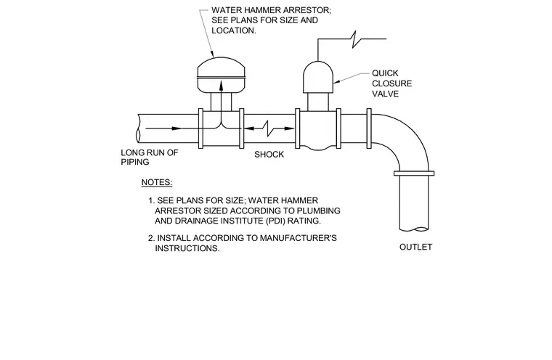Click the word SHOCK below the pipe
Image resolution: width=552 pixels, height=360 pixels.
pyautogui.click(x=269, y=155)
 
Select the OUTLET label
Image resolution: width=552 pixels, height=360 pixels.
pyautogui.click(x=415, y=247)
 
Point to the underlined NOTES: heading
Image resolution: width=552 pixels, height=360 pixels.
pyautogui.click(x=157, y=182)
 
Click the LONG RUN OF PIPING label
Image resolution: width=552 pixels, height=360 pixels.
pyautogui.click(x=150, y=157)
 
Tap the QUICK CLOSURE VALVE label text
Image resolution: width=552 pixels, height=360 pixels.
pyautogui.click(x=391, y=83)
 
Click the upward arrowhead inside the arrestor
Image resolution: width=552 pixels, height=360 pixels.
pyautogui.click(x=221, y=86)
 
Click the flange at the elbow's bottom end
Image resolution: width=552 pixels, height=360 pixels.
pyautogui.click(x=414, y=173)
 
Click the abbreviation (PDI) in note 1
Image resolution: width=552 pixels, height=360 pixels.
pyautogui.click(x=277, y=221)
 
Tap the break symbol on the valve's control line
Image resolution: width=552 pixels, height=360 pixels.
pyautogui.click(x=356, y=39)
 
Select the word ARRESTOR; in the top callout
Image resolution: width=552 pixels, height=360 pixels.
pyautogui.click(x=306, y=10)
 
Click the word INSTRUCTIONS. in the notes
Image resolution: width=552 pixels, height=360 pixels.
pyautogui.click(x=187, y=248)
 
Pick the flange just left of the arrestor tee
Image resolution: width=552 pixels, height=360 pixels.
pyautogui.click(x=200, y=128)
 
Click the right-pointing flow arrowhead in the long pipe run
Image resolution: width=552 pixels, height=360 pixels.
pyautogui.click(x=176, y=128)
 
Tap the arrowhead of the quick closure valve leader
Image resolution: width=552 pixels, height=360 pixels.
pyautogui.click(x=336, y=82)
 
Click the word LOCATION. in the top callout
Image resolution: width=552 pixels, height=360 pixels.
pyautogui.click(x=234, y=30)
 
